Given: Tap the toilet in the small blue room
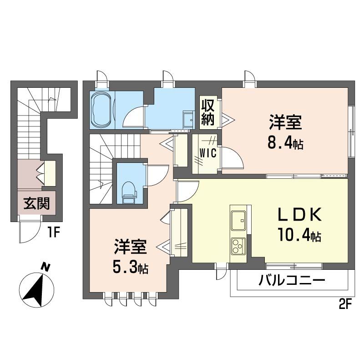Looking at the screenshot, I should coord(129,192).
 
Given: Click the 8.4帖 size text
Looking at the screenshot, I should coord(285,144).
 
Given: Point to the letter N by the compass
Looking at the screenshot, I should coord(45,267).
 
